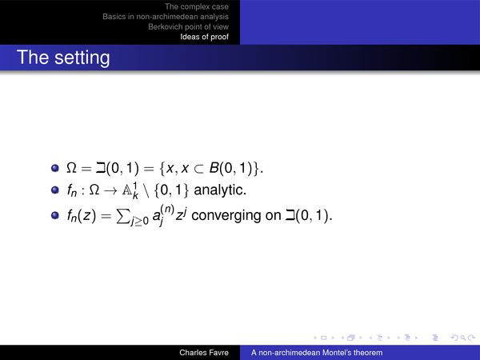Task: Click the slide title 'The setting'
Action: [63, 58]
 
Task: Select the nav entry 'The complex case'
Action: [197, 6]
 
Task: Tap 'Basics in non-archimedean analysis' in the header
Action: [166, 17]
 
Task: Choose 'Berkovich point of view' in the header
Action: [188, 26]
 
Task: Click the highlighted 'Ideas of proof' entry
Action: [204, 37]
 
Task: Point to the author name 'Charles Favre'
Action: [204, 353]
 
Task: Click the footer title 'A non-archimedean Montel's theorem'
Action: [317, 353]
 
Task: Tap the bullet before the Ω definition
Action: [55, 168]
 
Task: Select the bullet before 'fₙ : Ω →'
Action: [55, 190]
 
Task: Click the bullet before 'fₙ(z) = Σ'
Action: [55, 215]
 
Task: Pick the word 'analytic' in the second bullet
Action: [220, 190]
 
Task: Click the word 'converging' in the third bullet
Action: [226, 215]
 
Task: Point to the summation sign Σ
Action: [122, 216]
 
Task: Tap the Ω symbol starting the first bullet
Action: [71, 168]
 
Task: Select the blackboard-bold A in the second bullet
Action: [126, 190]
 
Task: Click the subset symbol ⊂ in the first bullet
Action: [198, 168]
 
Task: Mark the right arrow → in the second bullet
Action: [110, 190]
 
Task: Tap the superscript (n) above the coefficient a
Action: [167, 209]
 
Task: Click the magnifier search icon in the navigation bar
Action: [463, 338]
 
